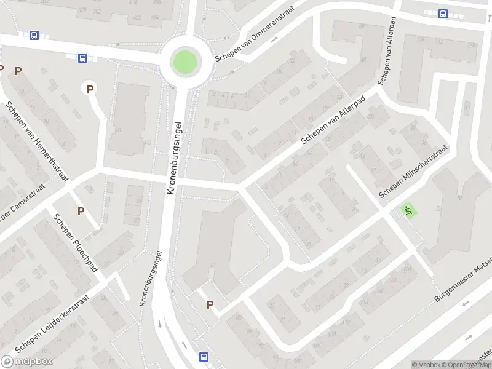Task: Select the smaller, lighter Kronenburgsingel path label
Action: coord(151,279)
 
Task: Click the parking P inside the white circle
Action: coord(90,89)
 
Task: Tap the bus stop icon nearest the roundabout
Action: coord(82,58)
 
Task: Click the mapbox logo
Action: coord(25,362)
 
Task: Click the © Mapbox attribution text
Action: coord(426,365)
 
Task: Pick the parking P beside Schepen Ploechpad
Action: coord(81,211)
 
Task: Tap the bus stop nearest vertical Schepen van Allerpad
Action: coord(443,14)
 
